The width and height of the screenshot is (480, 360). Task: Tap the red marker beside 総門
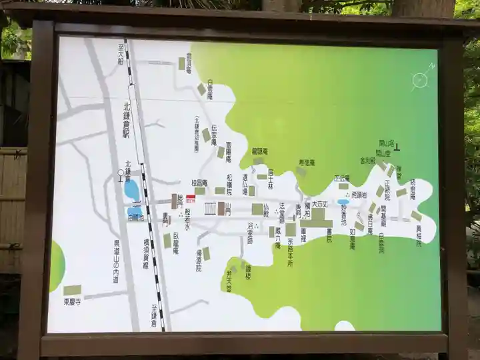(x=190, y=198)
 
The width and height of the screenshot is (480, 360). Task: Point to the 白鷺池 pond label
(x=135, y=217)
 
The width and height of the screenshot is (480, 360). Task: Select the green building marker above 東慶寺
(x=72, y=290)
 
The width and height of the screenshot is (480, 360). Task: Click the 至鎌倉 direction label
(x=153, y=314)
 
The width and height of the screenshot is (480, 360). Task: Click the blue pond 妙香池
(x=343, y=201)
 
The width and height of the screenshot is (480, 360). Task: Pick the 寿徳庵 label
(x=307, y=162)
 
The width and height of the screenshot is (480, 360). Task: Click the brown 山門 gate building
(x=221, y=208)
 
